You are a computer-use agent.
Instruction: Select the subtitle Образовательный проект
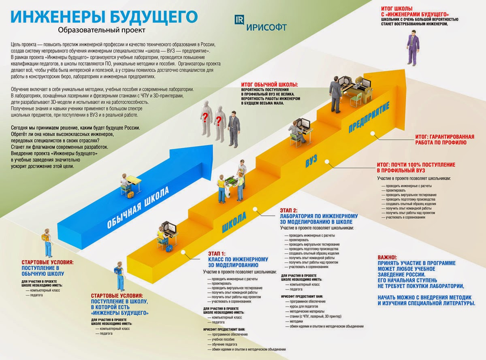pyautogui.click(x=101, y=30)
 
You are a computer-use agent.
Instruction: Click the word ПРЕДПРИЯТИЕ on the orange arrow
pyautogui.click(x=369, y=118)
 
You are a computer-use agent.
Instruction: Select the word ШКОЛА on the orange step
pyautogui.click(x=234, y=222)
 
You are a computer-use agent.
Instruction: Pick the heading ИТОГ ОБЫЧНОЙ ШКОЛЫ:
pyautogui.click(x=269, y=85)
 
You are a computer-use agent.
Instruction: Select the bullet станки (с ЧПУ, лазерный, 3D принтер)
pyautogui.click(x=316, y=316)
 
